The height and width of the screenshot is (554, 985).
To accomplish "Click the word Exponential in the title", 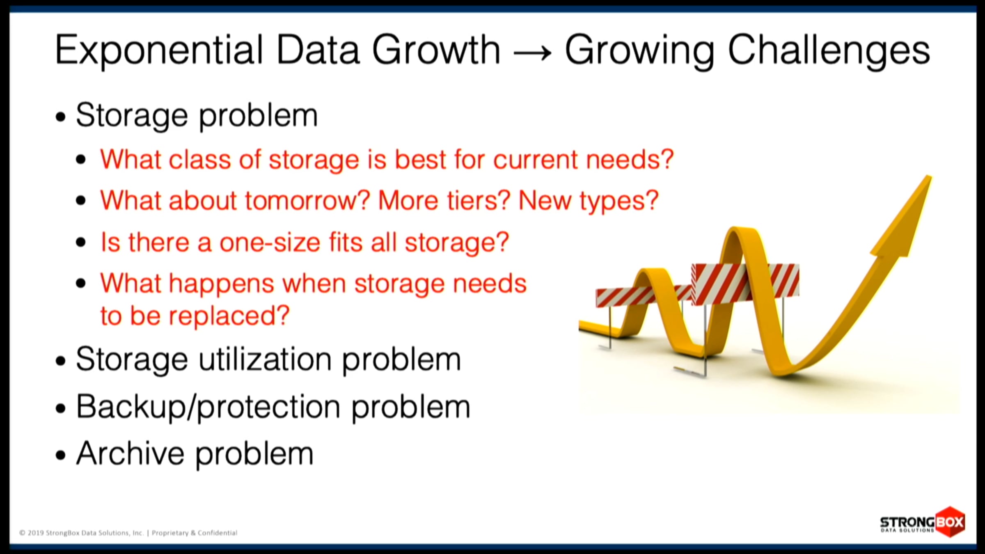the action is click(159, 51).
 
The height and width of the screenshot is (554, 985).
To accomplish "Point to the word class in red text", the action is click(200, 159).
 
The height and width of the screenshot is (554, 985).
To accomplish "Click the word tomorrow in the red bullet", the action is click(307, 201).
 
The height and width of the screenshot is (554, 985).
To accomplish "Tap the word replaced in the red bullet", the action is click(229, 316).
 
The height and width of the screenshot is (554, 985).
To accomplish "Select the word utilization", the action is click(265, 359).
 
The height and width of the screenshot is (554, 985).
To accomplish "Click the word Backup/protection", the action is click(208, 407).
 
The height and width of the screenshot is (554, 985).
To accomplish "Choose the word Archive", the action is click(130, 453).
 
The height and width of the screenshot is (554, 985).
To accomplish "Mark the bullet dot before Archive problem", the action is click(61, 456).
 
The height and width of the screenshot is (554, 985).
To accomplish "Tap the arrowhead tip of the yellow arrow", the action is click(930, 176).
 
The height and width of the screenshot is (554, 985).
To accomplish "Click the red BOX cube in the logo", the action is click(950, 522).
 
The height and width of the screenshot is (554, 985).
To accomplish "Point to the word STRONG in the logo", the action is click(907, 522).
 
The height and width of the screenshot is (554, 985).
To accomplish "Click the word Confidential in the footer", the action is click(218, 533).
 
